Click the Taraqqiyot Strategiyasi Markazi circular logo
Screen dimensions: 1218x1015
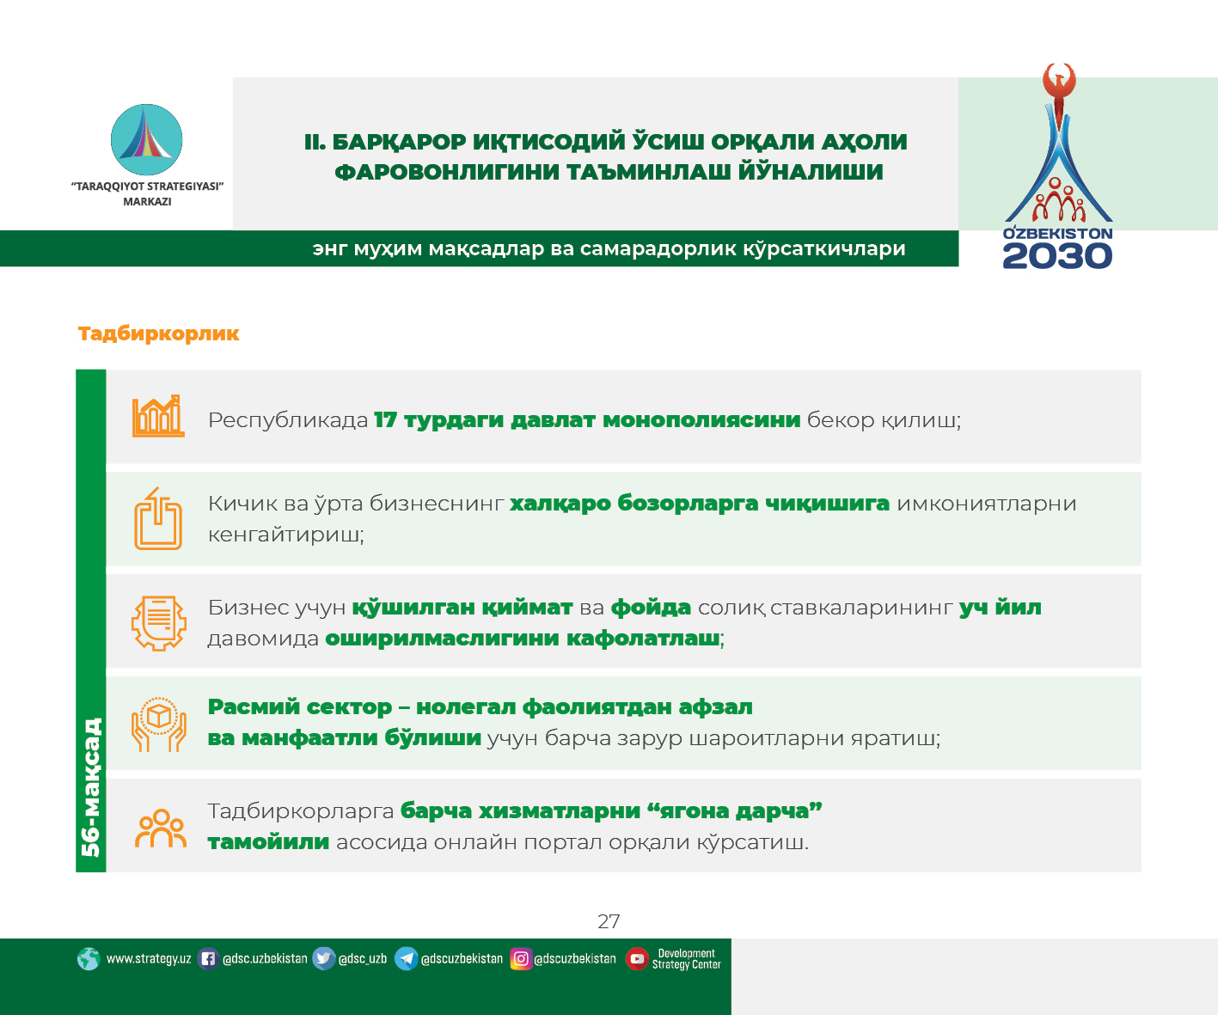coord(146,139)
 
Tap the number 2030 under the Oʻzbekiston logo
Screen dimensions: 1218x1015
coord(1057,256)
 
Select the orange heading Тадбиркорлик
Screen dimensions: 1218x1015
coord(159,333)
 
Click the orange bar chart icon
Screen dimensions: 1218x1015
coord(158,416)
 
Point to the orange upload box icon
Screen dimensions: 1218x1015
coord(158,518)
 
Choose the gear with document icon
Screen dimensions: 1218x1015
coord(159,622)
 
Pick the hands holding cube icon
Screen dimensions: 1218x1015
coord(159,724)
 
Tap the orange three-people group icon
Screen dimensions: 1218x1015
coord(161,828)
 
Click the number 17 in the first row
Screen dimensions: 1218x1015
coord(386,420)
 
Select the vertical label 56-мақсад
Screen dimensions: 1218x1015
coord(91,787)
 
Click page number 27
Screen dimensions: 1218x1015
coord(609,921)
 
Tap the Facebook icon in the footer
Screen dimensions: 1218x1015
coord(208,959)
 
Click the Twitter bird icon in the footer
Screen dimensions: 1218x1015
coord(323,959)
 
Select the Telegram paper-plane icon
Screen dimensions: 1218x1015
coord(406,959)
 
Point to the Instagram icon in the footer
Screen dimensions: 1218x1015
coord(521,959)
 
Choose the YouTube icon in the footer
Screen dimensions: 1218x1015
coord(637,959)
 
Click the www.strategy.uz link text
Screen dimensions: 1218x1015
coord(149,959)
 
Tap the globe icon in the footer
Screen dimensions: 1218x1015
coord(89,959)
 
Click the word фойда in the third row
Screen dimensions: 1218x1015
coord(651,608)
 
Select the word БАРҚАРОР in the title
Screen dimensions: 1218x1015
coord(399,142)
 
